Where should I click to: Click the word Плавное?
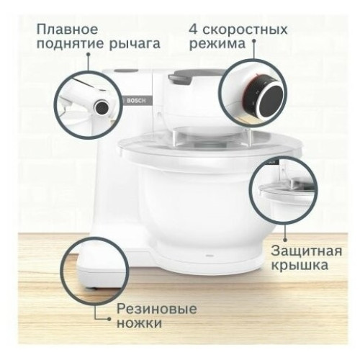[68, 30]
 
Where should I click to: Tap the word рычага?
[135, 45]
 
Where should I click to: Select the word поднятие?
[71, 44]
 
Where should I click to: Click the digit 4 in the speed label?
[194, 30]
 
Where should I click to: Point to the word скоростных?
[245, 30]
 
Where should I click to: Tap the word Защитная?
[307, 252]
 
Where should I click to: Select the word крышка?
[300, 266]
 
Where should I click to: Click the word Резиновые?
[157, 309]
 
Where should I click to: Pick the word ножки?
[139, 323]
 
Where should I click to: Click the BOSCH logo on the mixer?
[136, 101]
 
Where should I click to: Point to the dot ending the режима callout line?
[253, 41]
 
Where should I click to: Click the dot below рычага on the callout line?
[89, 55]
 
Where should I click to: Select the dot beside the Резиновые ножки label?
[109, 319]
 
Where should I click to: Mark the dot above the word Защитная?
[285, 240]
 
